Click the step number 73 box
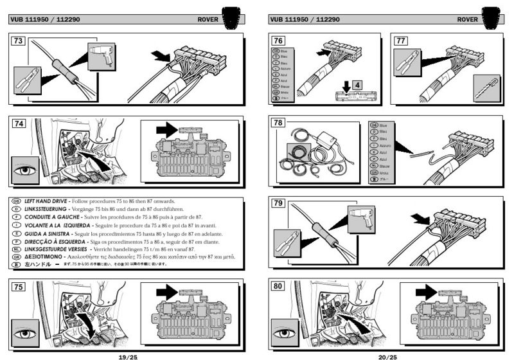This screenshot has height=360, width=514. tap(19, 41)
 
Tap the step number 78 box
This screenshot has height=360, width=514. tap(278, 123)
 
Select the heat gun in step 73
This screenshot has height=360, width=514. tap(102, 54)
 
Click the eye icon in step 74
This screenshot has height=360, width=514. tap(24, 172)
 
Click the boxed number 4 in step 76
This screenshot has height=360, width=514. tap(358, 84)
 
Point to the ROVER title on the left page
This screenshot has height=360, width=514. tap(209, 19)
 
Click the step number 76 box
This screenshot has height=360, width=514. tap(278, 41)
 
